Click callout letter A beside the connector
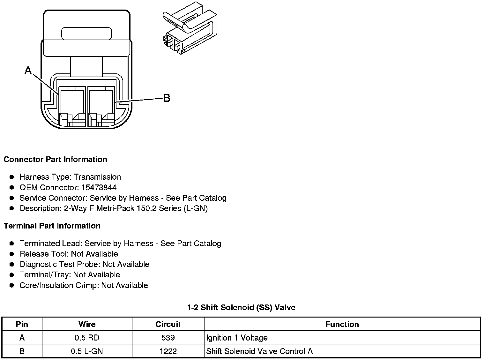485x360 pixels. pyautogui.click(x=28, y=70)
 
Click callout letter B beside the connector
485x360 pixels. pyautogui.click(x=167, y=98)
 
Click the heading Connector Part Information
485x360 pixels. pyautogui.click(x=55, y=159)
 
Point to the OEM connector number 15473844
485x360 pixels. pyautogui.click(x=99, y=187)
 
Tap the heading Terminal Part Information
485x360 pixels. pyautogui.click(x=52, y=226)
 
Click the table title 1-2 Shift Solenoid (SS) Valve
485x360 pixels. pyautogui.click(x=241, y=307)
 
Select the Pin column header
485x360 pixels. pyautogui.click(x=22, y=324)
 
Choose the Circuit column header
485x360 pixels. pyautogui.click(x=168, y=324)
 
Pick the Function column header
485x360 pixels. pyautogui.click(x=342, y=324)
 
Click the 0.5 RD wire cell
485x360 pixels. pyautogui.click(x=87, y=338)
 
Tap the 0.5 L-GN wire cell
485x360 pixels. pyautogui.click(x=87, y=351)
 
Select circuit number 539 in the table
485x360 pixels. pyautogui.click(x=168, y=338)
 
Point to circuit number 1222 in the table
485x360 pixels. pyautogui.click(x=168, y=351)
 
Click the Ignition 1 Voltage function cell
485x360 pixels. pyautogui.click(x=237, y=338)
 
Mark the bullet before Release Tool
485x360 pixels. pyautogui.click(x=12, y=254)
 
